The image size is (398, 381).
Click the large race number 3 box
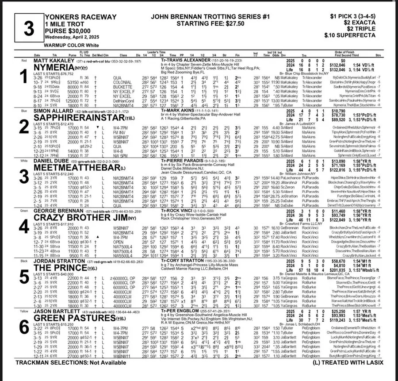click(28, 29)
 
